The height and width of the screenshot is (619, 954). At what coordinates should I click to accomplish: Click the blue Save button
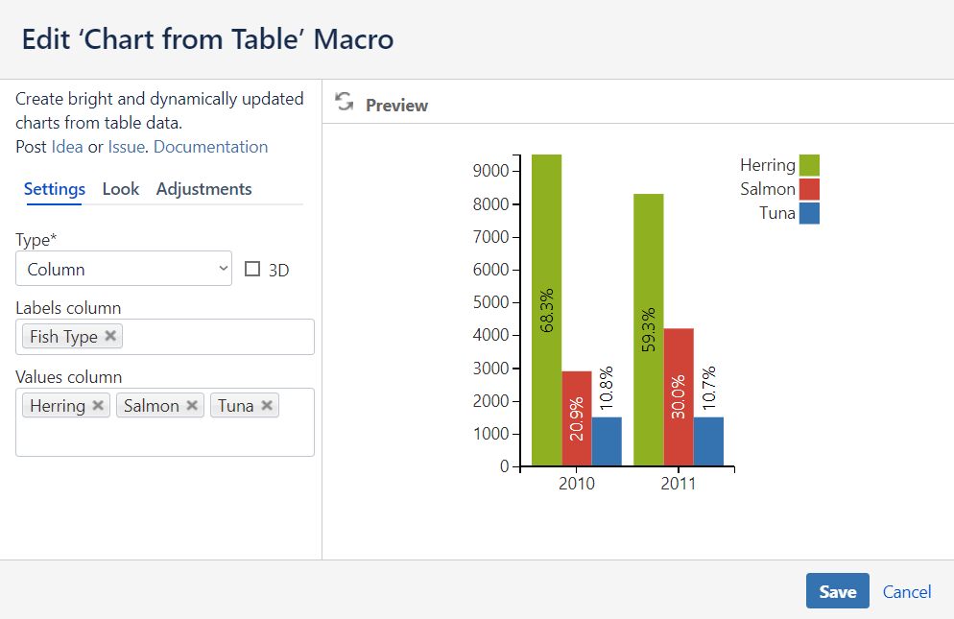click(837, 591)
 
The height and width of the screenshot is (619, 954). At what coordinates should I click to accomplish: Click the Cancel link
click(907, 592)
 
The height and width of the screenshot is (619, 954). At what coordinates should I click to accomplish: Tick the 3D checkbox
click(253, 270)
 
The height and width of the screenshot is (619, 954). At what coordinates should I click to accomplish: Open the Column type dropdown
click(124, 270)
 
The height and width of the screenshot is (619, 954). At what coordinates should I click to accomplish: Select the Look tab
click(121, 189)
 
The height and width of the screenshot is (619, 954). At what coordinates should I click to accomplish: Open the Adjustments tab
click(204, 189)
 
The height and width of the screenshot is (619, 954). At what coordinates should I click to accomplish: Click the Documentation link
click(210, 147)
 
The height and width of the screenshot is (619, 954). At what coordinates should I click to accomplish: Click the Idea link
click(67, 147)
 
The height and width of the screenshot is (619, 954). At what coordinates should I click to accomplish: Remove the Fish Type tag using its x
click(110, 336)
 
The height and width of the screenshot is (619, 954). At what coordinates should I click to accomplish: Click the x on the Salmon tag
click(192, 405)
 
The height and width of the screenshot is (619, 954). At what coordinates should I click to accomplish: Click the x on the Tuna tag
click(267, 405)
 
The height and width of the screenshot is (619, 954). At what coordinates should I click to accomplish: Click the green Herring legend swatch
click(809, 165)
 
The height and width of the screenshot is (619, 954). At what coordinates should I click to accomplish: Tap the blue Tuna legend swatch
click(809, 213)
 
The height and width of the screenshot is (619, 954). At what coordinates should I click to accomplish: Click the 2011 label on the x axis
click(679, 484)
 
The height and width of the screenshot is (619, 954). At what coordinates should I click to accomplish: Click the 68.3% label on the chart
click(547, 310)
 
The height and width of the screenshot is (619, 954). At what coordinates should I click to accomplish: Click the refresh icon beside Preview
click(345, 104)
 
